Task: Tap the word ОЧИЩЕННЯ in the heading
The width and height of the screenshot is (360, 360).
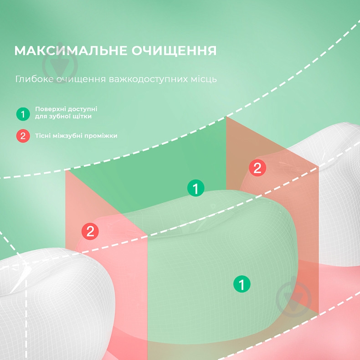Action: pos(174,51)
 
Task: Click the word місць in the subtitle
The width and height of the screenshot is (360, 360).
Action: pos(204,79)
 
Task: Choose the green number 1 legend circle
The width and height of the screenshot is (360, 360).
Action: pos(23,114)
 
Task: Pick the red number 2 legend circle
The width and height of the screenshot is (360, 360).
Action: pos(23,136)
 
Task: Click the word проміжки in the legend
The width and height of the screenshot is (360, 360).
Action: pos(101,136)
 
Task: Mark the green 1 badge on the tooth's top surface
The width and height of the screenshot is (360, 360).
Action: pos(195,188)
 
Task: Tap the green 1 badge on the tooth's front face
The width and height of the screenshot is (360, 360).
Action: pos(242,284)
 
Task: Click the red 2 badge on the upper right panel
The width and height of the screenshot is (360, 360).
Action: pos(257,168)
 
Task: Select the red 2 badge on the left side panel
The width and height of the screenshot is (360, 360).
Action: pos(90,231)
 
